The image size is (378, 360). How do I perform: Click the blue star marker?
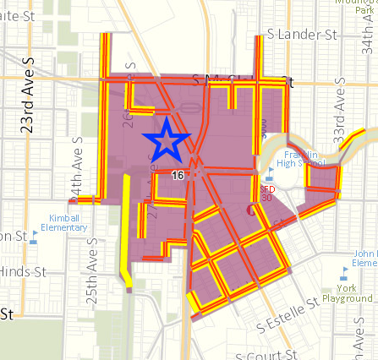click(167, 139)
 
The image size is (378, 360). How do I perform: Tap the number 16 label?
click(177, 174)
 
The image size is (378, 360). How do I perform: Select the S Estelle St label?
click(288, 312)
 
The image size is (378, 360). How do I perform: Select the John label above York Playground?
click(365, 253)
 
